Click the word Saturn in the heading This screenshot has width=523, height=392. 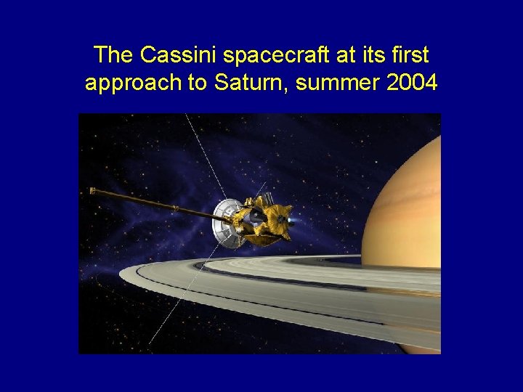click(x=246, y=83)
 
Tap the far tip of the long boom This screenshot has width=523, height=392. click(x=92, y=190)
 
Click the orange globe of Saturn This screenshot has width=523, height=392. click(x=407, y=196)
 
